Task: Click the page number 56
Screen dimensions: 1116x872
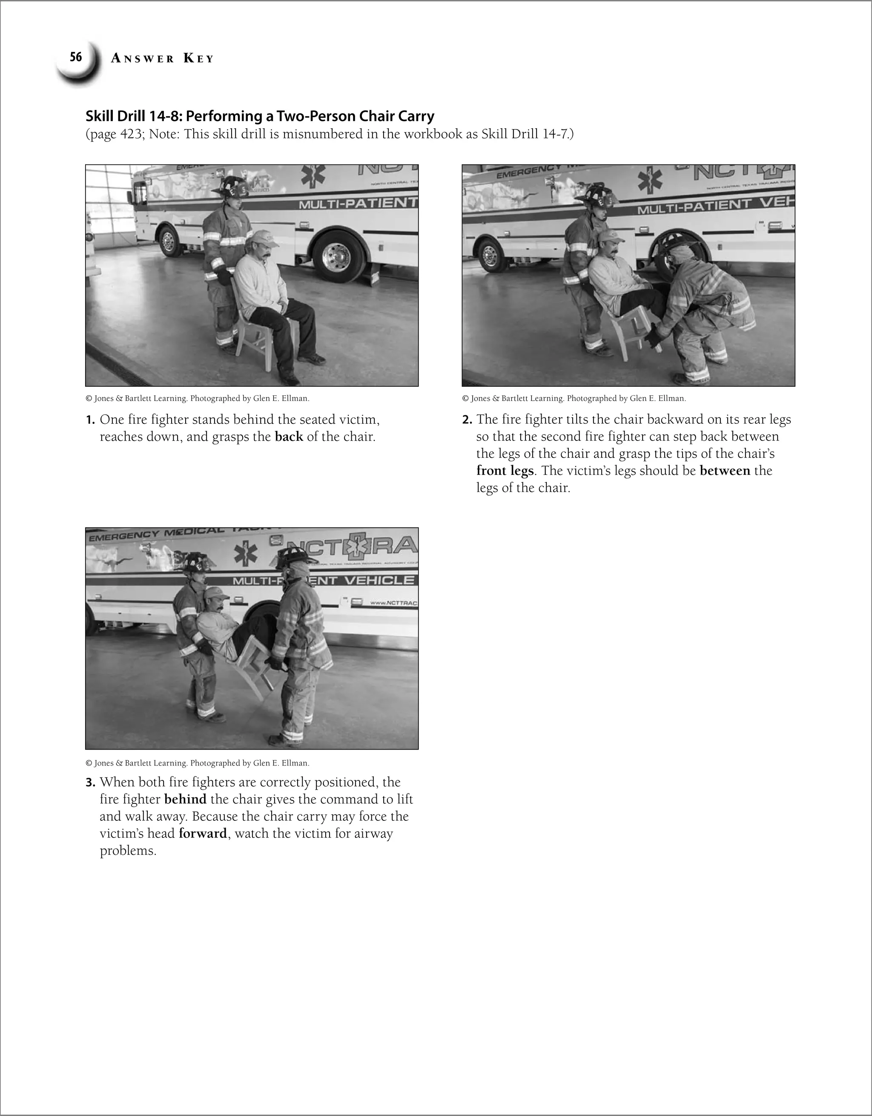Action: [76, 57]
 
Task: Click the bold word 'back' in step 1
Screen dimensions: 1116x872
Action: [289, 437]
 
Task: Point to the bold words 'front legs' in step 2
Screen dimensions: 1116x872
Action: [505, 471]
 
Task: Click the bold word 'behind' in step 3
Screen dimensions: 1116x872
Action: [185, 799]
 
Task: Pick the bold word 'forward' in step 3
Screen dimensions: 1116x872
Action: [203, 834]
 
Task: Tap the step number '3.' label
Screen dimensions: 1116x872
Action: [90, 782]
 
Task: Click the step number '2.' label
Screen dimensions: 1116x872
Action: [467, 420]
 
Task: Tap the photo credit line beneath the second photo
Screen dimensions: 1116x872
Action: [574, 398]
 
